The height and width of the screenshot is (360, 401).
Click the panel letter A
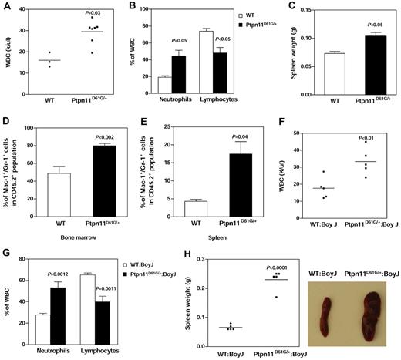tap(6, 6)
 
